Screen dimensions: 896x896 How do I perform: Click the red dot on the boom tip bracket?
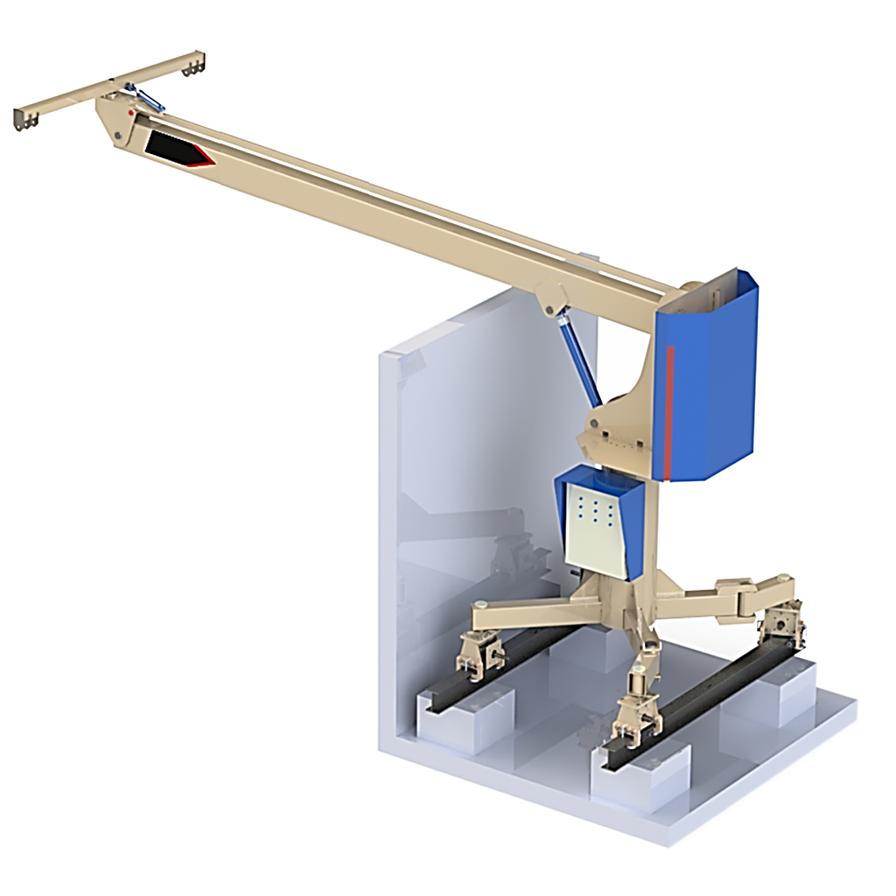(131, 113)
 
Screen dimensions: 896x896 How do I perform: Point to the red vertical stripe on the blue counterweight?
(669, 411)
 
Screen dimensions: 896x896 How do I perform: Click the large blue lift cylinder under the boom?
(578, 363)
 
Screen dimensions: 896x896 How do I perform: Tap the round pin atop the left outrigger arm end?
(480, 605)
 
